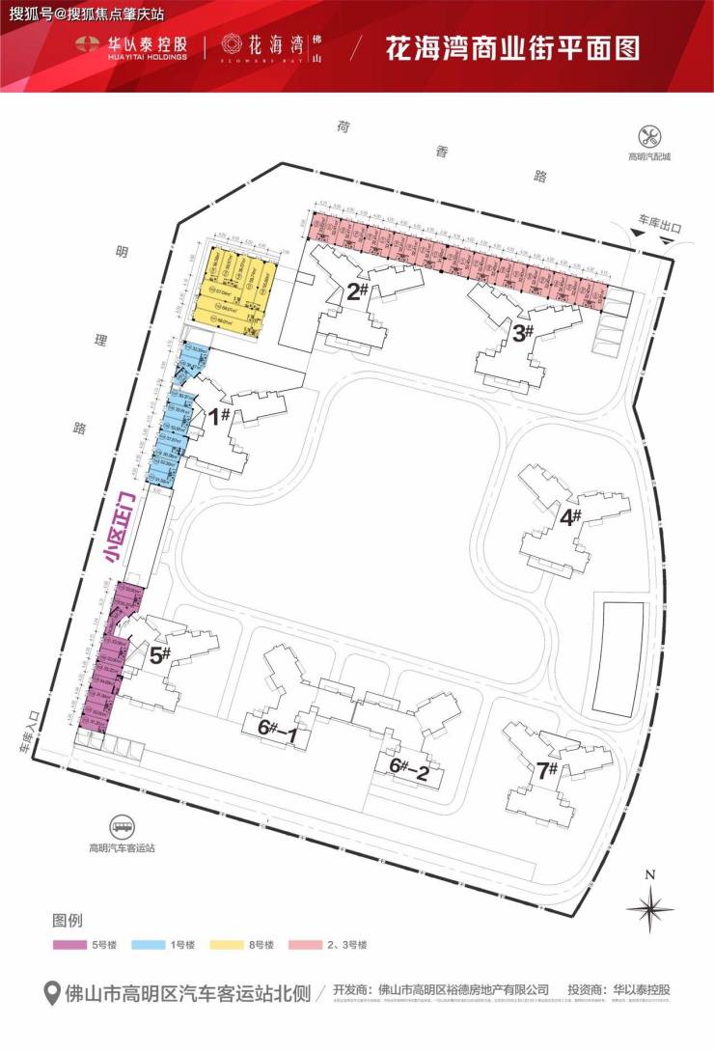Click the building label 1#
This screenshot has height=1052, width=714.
(219, 416)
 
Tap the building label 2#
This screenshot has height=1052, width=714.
(358, 291)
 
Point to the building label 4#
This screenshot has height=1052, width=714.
(570, 516)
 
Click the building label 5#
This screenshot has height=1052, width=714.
(160, 655)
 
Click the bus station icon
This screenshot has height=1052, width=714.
(123, 827)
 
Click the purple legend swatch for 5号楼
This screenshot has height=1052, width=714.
(70, 945)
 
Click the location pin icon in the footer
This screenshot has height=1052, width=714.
(54, 991)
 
